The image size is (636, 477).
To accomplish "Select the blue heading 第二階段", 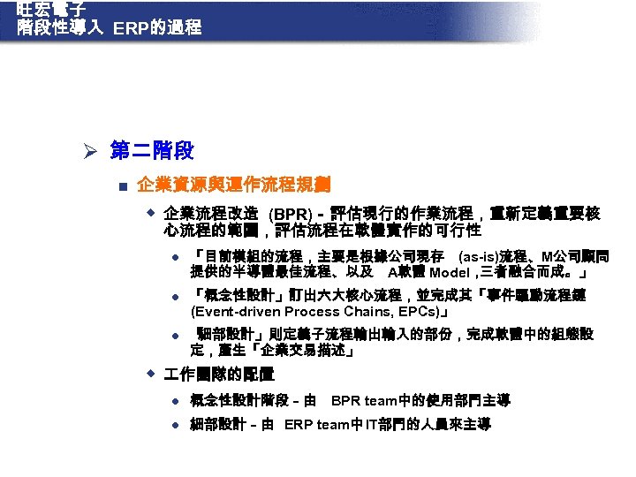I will pos(152,151).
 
